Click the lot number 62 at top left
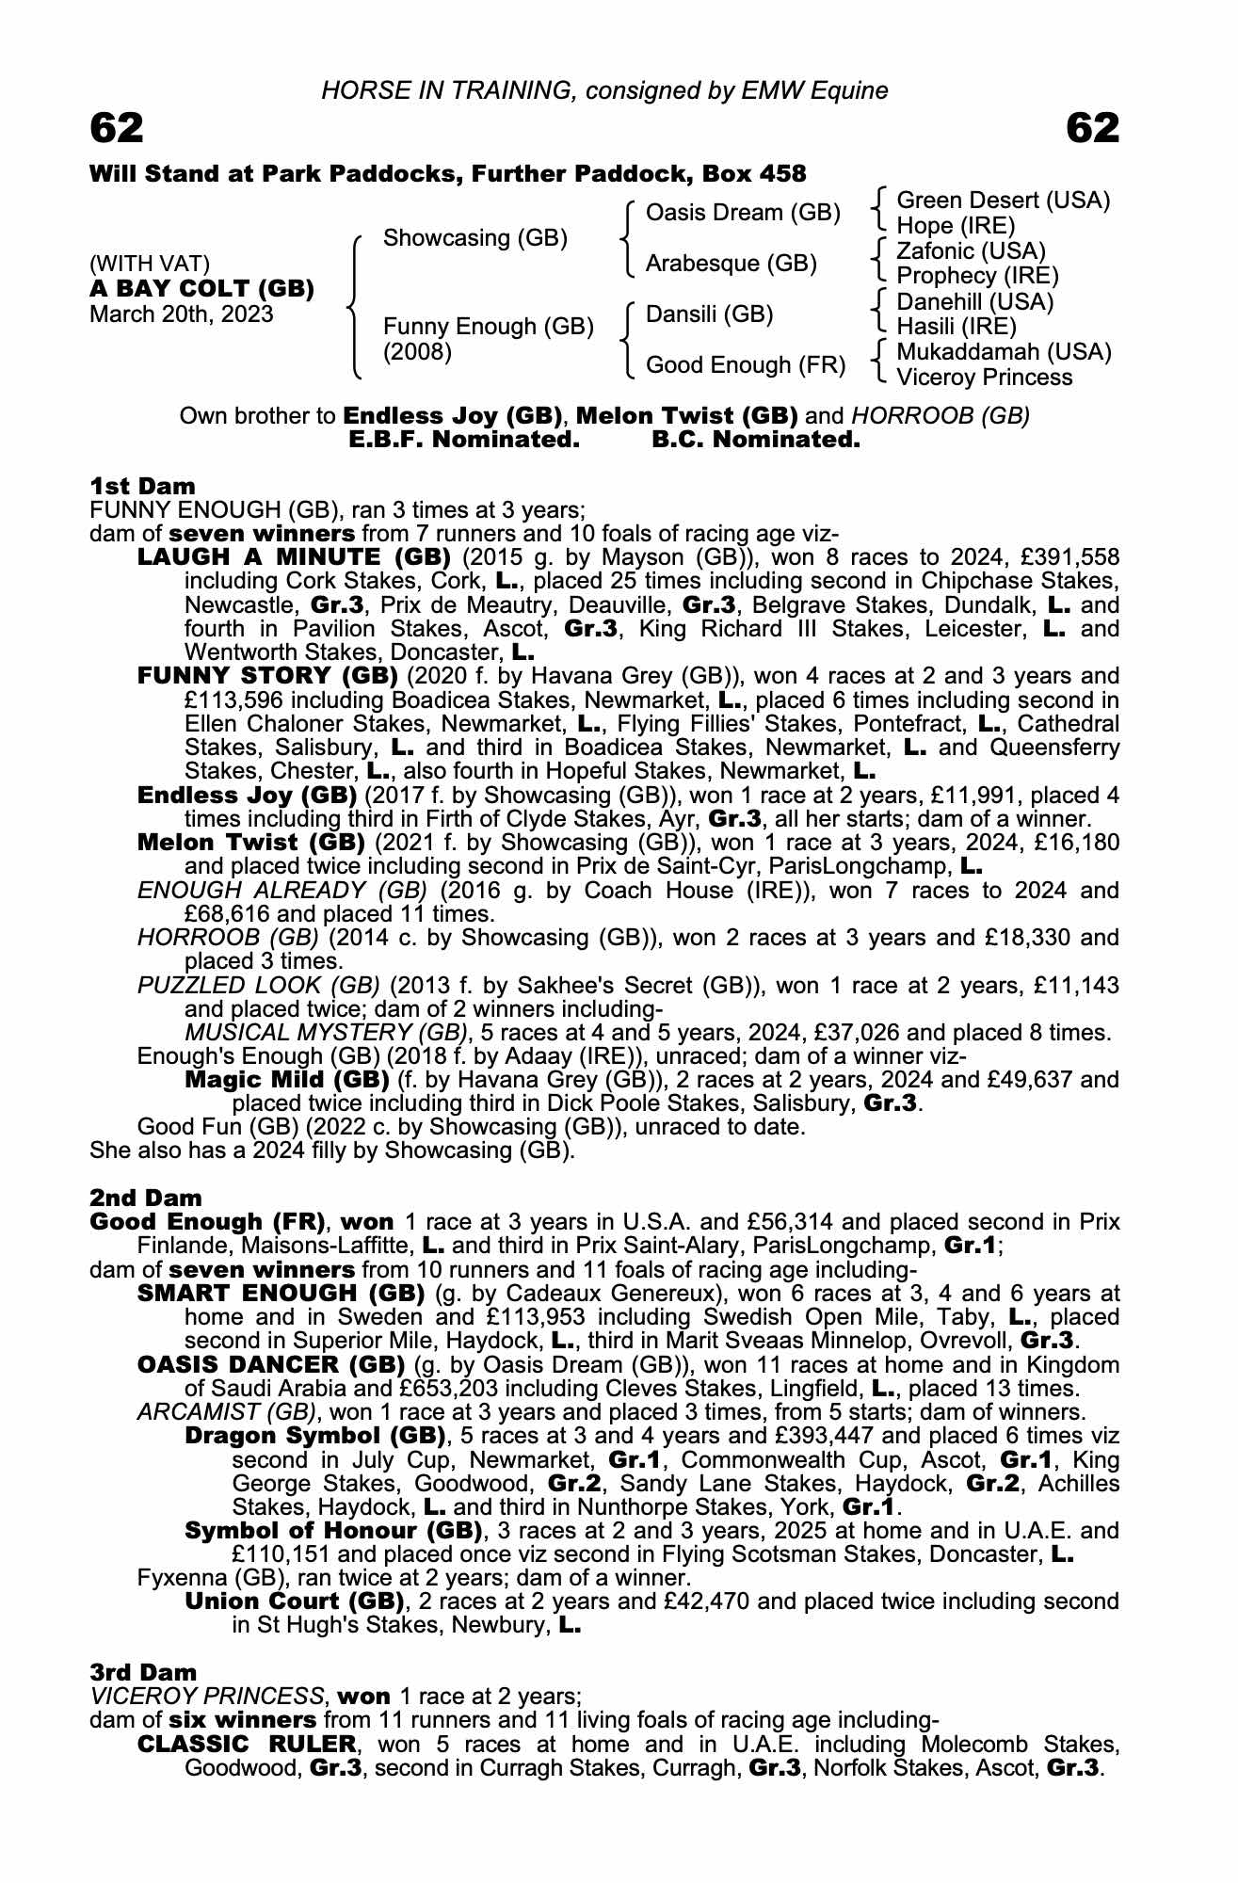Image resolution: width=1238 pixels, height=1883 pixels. click(117, 128)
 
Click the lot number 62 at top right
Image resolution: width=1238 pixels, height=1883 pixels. click(1093, 128)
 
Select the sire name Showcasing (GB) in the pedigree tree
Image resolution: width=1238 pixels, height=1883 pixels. click(475, 238)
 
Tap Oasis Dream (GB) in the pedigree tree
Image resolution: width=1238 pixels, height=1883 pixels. click(743, 213)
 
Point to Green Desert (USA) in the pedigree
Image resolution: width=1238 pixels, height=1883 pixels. click(1004, 201)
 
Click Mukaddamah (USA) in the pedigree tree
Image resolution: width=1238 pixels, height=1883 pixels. click(1004, 352)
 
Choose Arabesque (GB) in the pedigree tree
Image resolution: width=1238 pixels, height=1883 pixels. click(731, 264)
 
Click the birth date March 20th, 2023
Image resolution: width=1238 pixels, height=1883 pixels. click(182, 314)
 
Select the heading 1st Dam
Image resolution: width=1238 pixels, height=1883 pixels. click(143, 486)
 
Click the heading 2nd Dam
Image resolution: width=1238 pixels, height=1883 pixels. click(146, 1198)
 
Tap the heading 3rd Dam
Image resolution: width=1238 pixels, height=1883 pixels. click(144, 1672)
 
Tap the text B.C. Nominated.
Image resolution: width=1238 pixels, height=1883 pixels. click(756, 440)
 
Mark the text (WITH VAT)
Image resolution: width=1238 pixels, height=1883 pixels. click(150, 264)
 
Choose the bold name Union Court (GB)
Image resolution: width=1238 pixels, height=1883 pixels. click(295, 1601)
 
